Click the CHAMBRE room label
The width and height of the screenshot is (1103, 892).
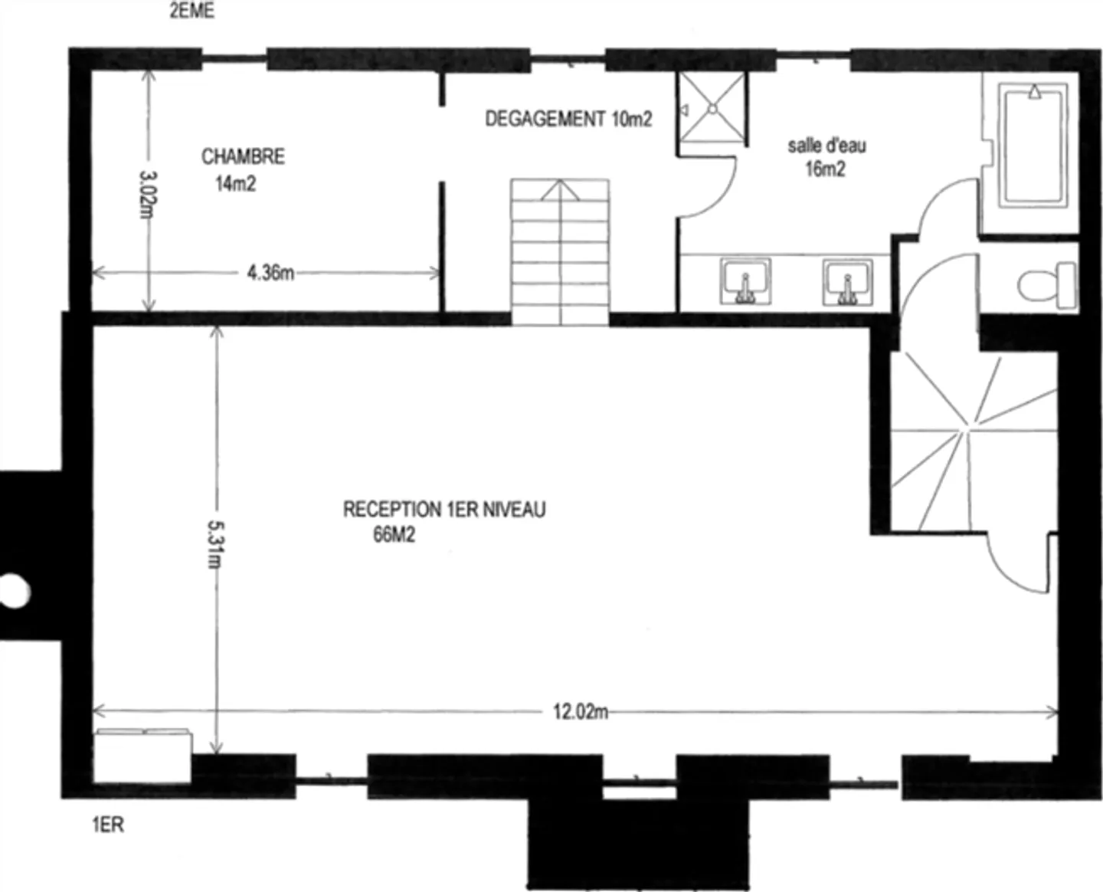(243, 157)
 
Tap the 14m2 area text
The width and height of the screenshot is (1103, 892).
(235, 184)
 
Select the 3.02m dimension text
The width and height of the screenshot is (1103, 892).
(147, 194)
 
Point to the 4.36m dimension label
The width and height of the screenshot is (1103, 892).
(270, 273)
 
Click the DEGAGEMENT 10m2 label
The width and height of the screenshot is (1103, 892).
(568, 119)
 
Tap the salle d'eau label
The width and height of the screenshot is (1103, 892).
(826, 146)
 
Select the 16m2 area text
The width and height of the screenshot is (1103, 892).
(825, 169)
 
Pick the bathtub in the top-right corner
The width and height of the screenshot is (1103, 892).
(1033, 145)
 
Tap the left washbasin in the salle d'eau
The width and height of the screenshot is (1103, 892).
(745, 280)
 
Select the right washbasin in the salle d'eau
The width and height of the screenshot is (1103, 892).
(847, 281)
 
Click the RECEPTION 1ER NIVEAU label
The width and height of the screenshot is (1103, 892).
(444, 510)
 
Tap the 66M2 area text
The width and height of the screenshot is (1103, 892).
(394, 534)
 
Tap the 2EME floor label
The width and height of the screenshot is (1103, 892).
(191, 11)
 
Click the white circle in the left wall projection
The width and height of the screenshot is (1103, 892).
(13, 591)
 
